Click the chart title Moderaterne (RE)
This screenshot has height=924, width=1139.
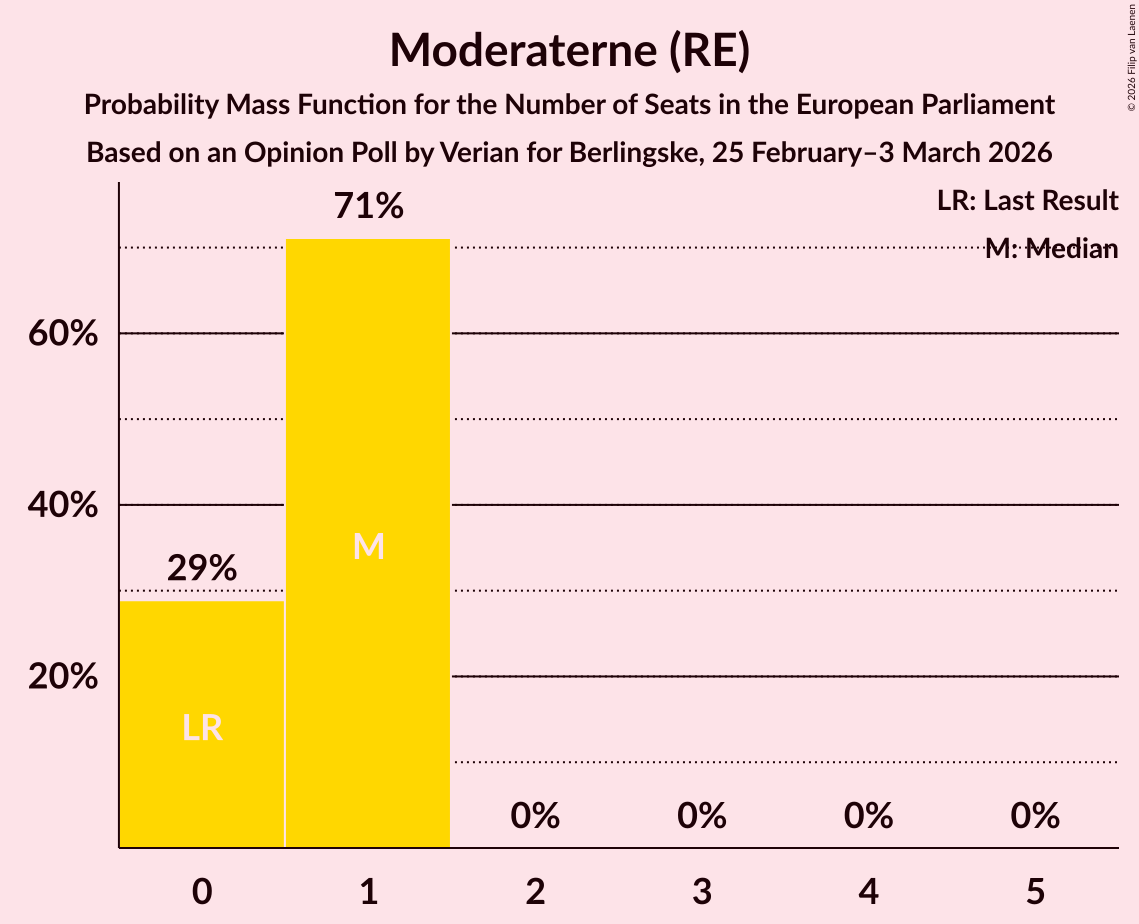pyautogui.click(x=569, y=50)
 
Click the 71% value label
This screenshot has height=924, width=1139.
pyautogui.click(x=369, y=207)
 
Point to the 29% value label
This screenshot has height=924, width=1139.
pyautogui.click(x=202, y=569)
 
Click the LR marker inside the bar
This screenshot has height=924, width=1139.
pyautogui.click(x=202, y=728)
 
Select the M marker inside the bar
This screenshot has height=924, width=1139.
pyautogui.click(x=369, y=546)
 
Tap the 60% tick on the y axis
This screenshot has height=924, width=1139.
pyautogui.click(x=63, y=334)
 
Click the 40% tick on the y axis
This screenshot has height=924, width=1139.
pyautogui.click(x=63, y=506)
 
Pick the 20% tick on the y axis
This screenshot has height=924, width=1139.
pyautogui.click(x=63, y=677)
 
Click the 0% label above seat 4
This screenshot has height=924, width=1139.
pyautogui.click(x=868, y=817)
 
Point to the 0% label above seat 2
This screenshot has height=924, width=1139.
pyautogui.click(x=535, y=817)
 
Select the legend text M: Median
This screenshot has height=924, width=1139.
pyautogui.click(x=1051, y=249)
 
